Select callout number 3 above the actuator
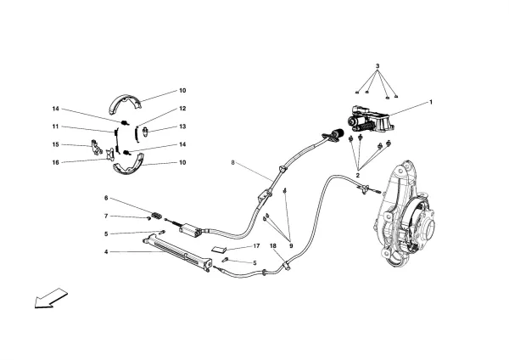coord(378,65)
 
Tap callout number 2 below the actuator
coord(359,175)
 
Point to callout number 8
coord(231,161)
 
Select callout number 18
coord(273,245)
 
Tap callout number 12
coord(182,108)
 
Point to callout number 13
coord(182,126)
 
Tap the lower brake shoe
coord(134,166)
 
